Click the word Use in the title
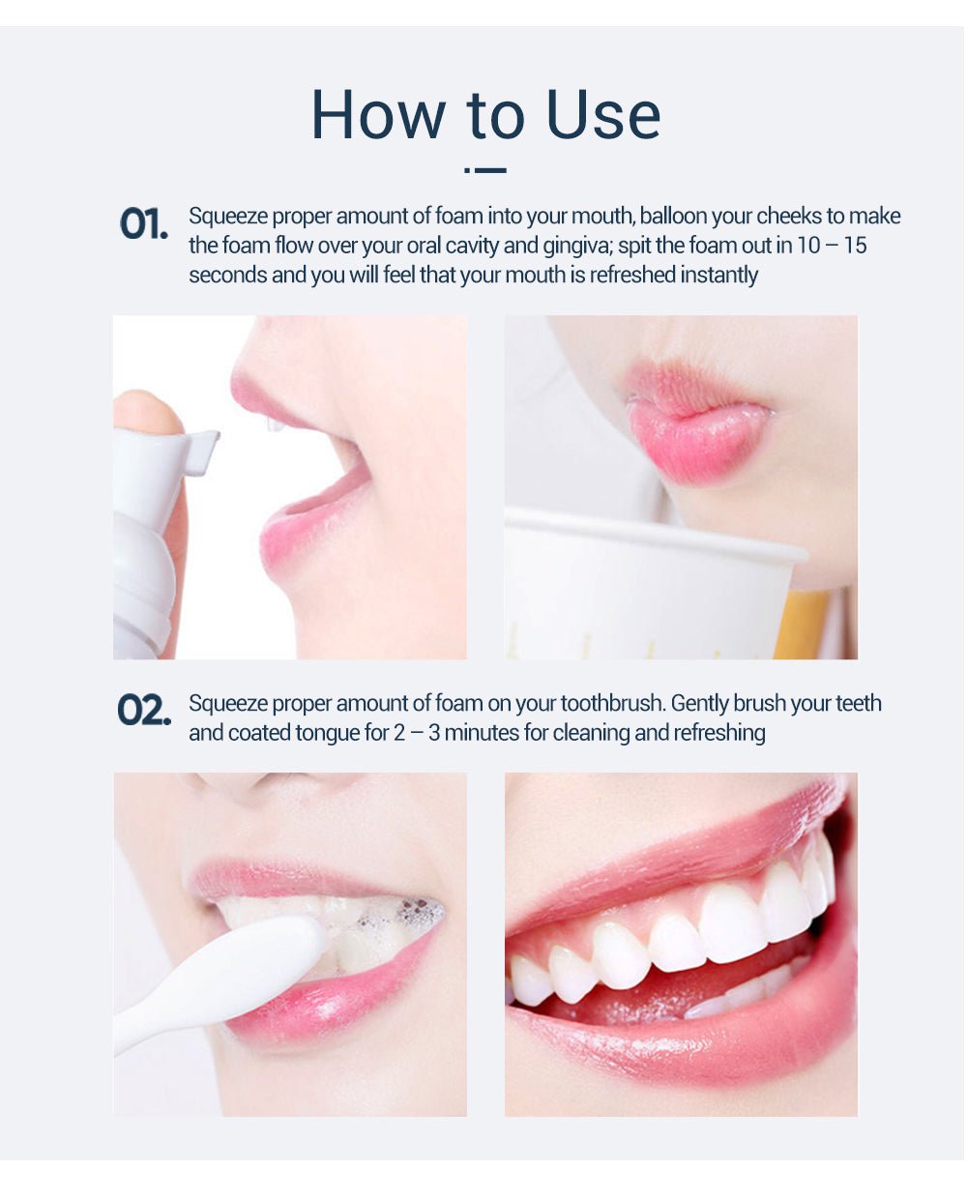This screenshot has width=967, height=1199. click(x=603, y=116)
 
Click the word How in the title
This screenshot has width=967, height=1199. click(x=378, y=116)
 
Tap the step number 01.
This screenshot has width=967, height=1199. click(x=143, y=224)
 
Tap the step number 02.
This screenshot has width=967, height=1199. click(x=143, y=711)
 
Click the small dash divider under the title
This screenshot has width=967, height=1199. click(x=485, y=170)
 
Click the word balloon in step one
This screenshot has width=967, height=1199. click(x=674, y=216)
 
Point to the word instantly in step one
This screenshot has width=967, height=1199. click(x=718, y=276)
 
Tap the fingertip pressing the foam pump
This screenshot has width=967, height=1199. click(x=145, y=411)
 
